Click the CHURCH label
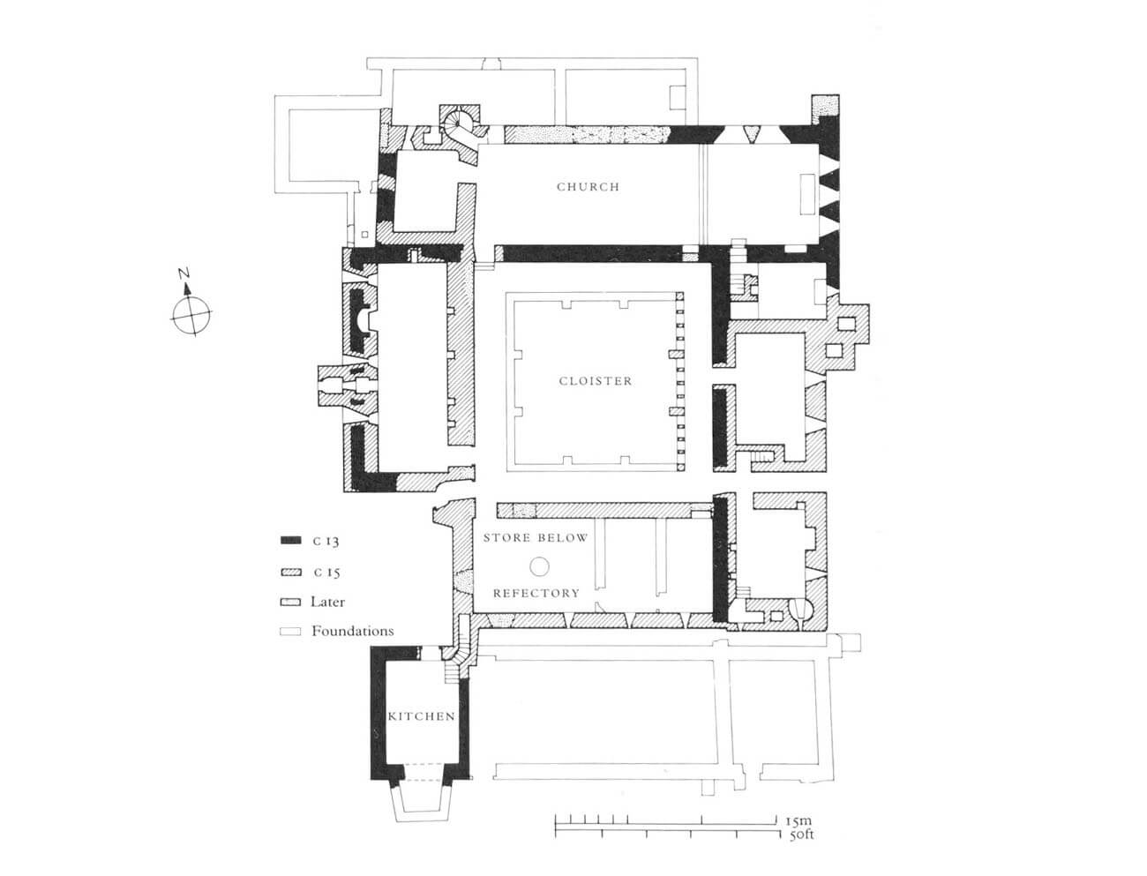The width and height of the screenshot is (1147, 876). [x=588, y=186]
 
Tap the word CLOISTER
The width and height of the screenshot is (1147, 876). [x=596, y=381]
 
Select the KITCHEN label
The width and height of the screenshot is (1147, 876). [x=421, y=716]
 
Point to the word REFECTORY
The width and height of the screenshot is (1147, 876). [x=536, y=593]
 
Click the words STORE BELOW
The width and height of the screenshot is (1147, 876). [x=536, y=537]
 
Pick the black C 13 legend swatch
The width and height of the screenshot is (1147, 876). [x=290, y=540]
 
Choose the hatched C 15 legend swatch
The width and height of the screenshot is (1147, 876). [x=290, y=572]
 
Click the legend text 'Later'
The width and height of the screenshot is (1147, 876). [x=327, y=602]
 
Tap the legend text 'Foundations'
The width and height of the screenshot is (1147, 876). [x=353, y=631]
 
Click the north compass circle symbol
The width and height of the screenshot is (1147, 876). [x=191, y=314]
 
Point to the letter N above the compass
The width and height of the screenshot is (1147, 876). [x=184, y=273]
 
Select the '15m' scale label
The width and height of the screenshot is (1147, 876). [x=798, y=820]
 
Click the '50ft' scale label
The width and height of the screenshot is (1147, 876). [x=801, y=835]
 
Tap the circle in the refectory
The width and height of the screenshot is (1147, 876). [x=539, y=565]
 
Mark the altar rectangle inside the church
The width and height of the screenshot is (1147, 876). [x=807, y=195]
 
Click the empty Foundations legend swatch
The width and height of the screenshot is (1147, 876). [x=290, y=631]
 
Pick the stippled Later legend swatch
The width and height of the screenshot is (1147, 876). [x=290, y=602]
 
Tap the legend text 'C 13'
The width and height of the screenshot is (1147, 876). [x=326, y=541]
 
